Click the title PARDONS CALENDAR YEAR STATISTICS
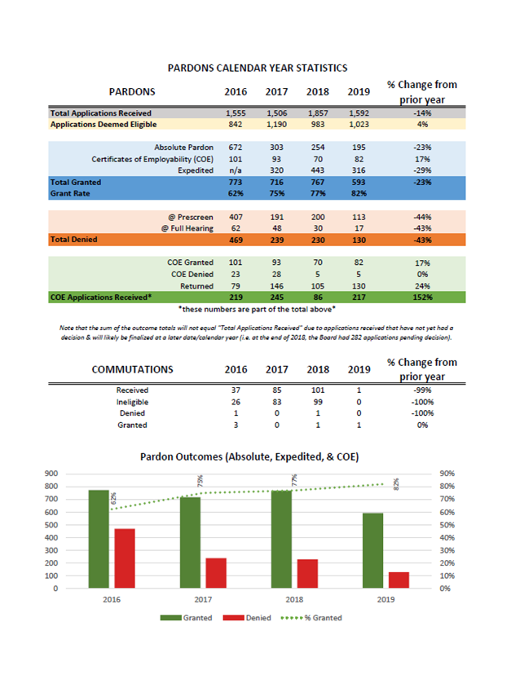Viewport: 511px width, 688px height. (x=258, y=68)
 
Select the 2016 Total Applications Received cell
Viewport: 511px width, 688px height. (x=236, y=113)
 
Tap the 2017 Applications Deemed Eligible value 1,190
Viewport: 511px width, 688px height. (x=277, y=125)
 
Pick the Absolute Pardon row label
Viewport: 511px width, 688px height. (x=184, y=148)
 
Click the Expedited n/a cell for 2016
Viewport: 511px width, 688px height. (x=236, y=170)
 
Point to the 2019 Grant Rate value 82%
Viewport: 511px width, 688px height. (x=359, y=193)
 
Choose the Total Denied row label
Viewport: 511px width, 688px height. (x=73, y=240)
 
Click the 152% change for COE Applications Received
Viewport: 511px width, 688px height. (x=422, y=298)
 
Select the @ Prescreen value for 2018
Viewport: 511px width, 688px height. (x=318, y=217)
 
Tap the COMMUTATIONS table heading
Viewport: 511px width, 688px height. (x=133, y=369)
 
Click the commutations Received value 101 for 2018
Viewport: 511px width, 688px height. (x=318, y=390)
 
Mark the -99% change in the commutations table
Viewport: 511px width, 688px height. (x=422, y=390)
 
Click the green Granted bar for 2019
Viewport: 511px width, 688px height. (x=372, y=551)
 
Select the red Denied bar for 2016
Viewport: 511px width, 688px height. (x=125, y=558)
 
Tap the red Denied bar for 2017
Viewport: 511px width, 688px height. (x=216, y=573)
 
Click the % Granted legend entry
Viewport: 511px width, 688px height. (x=311, y=618)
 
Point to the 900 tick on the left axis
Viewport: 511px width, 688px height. (x=51, y=474)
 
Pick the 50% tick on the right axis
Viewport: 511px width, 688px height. (x=447, y=525)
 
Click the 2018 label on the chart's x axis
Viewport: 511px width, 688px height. (x=294, y=599)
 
